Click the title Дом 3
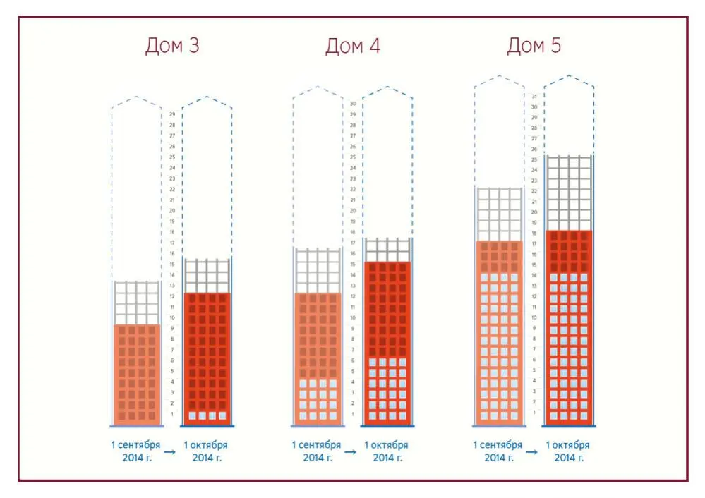(x=172, y=46)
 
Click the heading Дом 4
(x=353, y=46)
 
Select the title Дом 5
(x=534, y=46)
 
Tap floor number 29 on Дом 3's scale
(x=172, y=114)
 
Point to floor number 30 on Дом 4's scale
(x=353, y=104)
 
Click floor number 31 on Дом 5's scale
(x=534, y=96)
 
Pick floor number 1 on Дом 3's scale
(x=172, y=414)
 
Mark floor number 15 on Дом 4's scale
(x=353, y=265)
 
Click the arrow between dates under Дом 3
(x=170, y=451)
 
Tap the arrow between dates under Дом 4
(x=351, y=451)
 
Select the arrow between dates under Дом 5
(x=532, y=451)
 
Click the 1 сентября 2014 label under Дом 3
(x=135, y=451)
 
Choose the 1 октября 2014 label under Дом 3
(x=206, y=451)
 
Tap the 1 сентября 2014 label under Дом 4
(x=317, y=451)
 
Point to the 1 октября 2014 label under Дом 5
(x=568, y=451)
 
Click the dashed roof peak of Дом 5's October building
(x=570, y=76)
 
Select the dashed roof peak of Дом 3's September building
(x=137, y=97)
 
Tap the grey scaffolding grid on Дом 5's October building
(x=569, y=193)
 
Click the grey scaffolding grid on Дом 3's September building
(x=137, y=303)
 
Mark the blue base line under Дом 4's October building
(x=387, y=426)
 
